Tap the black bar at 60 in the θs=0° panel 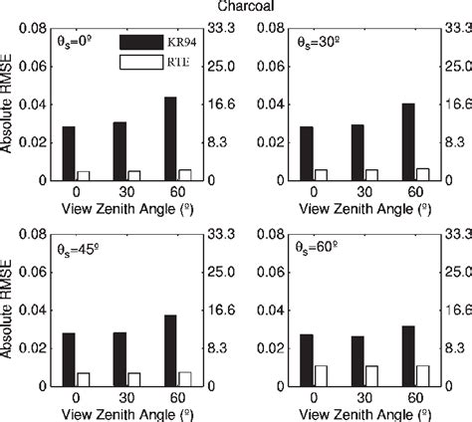coord(170,138)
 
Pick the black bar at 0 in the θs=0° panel coord(68,153)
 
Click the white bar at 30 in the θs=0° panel coord(133,175)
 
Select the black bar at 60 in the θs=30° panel coord(407,141)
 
